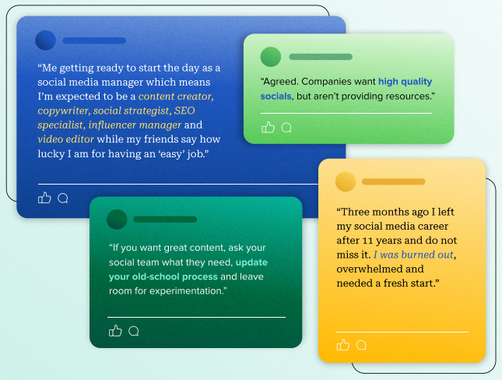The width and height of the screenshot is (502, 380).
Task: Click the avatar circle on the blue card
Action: tap(46, 40)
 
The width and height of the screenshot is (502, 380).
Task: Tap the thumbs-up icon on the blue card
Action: tap(44, 198)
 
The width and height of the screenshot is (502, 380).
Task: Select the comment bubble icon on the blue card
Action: tap(63, 198)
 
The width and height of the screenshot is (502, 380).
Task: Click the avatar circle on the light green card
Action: tap(270, 57)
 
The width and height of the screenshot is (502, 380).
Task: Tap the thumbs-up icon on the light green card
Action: tap(269, 128)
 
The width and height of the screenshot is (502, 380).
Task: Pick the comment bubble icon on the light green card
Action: tap(286, 128)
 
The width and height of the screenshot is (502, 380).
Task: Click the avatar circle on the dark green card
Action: tap(117, 220)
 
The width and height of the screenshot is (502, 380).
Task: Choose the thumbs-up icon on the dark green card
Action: tap(115, 331)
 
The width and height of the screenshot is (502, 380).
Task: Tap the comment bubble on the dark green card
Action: tap(134, 331)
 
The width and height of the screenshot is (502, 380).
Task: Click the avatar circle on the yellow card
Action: tap(346, 181)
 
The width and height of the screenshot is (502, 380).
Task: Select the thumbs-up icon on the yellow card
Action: tap(343, 345)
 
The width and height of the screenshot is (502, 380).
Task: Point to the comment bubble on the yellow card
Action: tap(361, 345)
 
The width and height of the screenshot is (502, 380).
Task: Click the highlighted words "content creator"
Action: tap(175, 97)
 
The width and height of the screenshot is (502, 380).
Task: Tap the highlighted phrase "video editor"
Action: tap(66, 139)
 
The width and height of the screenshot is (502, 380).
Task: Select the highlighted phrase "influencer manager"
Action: tap(135, 125)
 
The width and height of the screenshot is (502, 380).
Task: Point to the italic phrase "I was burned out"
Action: tap(414, 255)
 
